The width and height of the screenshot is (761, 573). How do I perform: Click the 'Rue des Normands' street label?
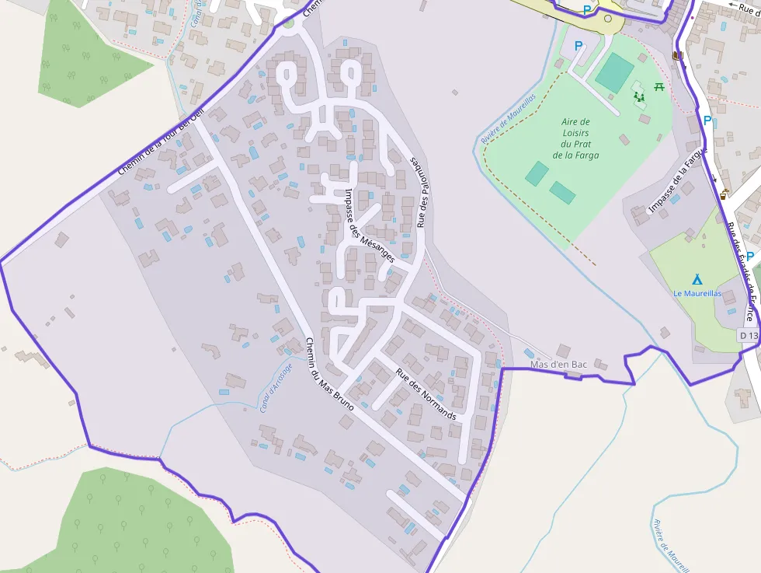click(x=426, y=393)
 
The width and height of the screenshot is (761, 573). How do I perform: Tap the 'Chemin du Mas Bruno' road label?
click(x=329, y=374)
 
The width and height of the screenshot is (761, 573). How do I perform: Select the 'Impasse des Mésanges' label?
click(x=369, y=225)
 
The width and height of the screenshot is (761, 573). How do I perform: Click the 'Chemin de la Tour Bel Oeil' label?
click(x=161, y=138)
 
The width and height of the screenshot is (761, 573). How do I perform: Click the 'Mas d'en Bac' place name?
click(x=558, y=364)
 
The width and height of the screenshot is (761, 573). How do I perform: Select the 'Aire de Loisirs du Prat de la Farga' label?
click(x=575, y=138)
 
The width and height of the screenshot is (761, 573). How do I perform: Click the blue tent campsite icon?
click(x=697, y=279)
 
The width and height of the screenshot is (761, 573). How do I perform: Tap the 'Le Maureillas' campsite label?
click(x=697, y=293)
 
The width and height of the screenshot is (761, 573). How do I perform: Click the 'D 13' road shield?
click(x=748, y=334)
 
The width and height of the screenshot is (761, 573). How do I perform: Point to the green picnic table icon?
click(x=659, y=86)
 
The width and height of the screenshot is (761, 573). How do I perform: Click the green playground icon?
click(x=639, y=96)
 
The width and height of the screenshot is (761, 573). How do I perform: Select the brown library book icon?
click(x=678, y=56)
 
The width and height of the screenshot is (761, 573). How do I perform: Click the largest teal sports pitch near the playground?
click(x=614, y=72)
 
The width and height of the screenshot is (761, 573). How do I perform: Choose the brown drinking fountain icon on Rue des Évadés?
click(x=725, y=194)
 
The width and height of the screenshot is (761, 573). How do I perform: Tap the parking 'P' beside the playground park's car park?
click(x=578, y=46)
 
